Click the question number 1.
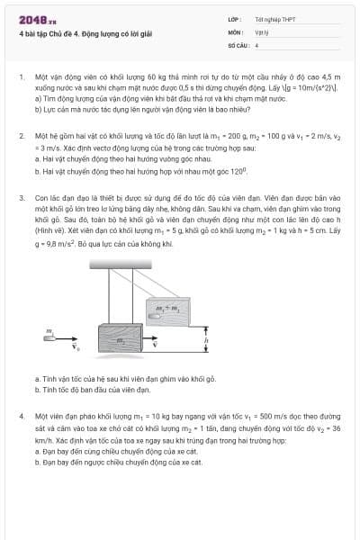[x=21, y=78]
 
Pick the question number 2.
[x=21, y=136]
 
